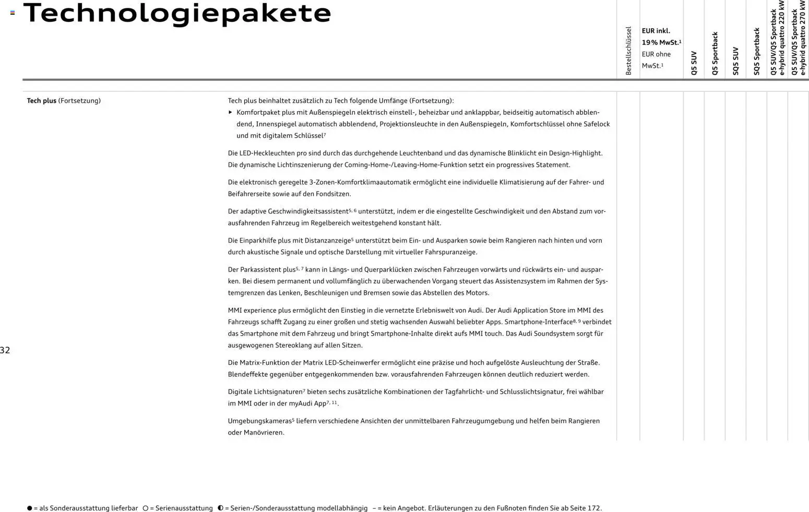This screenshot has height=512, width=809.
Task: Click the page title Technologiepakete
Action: [177, 13]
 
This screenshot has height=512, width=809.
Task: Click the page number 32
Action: [5, 350]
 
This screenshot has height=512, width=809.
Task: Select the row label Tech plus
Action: [42, 101]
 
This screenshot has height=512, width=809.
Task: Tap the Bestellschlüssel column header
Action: [628, 51]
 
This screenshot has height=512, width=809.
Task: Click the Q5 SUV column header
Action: [694, 63]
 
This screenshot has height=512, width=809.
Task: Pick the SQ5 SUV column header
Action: [735, 61]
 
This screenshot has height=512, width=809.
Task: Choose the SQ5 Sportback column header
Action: [756, 52]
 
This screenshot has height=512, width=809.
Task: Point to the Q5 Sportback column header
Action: [715, 54]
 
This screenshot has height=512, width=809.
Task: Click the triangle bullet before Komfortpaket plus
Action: [231, 112]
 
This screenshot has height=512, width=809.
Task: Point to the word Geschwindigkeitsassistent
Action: [308, 211]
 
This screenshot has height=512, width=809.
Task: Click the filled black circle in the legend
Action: [30, 508]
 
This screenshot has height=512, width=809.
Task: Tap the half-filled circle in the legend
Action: [220, 508]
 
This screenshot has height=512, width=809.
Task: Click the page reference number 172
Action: [594, 508]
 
